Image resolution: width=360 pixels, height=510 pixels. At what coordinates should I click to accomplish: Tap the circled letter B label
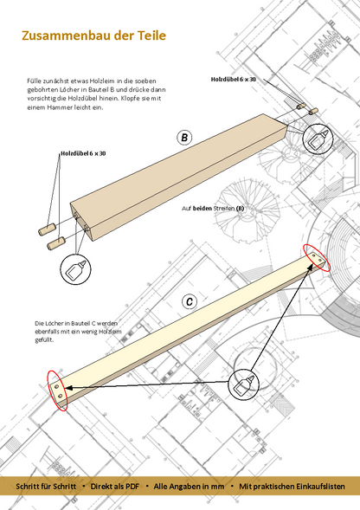tap(184, 138)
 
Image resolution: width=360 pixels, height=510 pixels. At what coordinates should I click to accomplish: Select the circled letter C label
tap(190, 301)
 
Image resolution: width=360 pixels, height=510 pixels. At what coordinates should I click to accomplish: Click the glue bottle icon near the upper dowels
tap(318, 139)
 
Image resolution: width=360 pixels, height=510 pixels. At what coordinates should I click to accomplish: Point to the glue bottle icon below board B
tap(75, 269)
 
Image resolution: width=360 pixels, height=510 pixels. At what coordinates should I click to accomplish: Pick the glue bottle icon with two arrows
tap(243, 384)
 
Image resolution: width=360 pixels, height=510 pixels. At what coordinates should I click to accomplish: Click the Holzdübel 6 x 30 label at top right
tap(233, 79)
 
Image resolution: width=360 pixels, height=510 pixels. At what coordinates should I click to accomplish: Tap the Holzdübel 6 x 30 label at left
tap(83, 153)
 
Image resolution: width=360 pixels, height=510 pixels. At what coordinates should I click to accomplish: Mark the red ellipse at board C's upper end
tap(317, 258)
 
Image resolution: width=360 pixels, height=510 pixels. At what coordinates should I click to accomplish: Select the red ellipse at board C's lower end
tap(57, 391)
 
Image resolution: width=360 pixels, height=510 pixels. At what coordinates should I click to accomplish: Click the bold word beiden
tap(202, 208)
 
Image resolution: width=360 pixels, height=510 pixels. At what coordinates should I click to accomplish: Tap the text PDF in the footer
tap(132, 487)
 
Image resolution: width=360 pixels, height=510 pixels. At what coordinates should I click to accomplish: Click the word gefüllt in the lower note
tap(44, 340)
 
